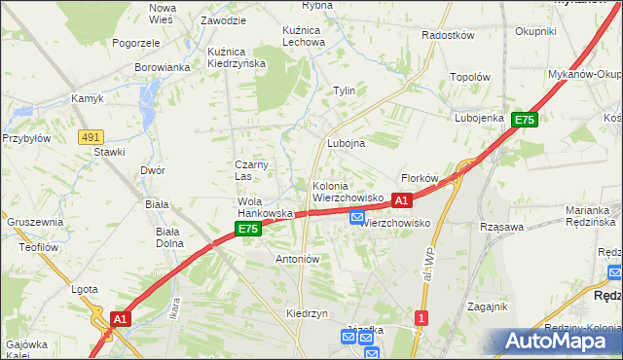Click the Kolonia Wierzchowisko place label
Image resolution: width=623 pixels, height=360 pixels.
(347, 192)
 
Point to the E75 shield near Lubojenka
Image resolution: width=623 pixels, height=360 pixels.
(525, 120)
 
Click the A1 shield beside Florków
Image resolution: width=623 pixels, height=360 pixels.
(401, 200)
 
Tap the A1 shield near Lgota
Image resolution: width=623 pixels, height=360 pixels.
(120, 318)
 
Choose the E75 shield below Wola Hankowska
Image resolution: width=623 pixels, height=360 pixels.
(248, 230)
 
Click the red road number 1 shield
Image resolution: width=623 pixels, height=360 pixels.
(421, 318)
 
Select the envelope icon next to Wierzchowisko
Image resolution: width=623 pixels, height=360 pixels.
(357, 218)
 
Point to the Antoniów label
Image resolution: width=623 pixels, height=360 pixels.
(298, 260)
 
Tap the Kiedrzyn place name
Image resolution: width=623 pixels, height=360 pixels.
(306, 314)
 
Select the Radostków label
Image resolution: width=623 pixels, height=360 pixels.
(448, 35)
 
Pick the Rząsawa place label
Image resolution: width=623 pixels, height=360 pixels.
(502, 227)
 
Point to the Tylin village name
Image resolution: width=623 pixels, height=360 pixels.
(345, 90)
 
